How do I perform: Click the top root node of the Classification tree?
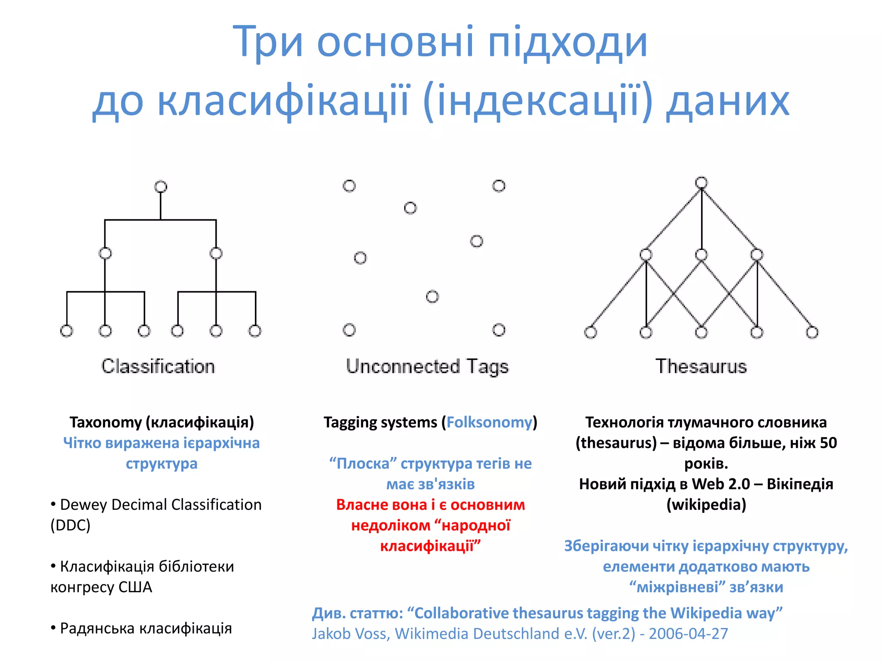(161, 187)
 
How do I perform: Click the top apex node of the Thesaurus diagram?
(702, 183)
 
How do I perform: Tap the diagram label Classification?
(158, 366)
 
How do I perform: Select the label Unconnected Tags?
(427, 367)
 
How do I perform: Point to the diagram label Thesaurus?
(701, 366)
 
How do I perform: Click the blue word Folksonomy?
(489, 422)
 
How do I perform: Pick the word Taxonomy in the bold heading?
(106, 422)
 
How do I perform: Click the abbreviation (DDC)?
(71, 525)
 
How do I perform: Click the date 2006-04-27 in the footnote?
(688, 634)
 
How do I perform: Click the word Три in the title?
(268, 42)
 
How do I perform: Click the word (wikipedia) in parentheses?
(706, 505)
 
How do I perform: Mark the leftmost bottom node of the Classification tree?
(66, 331)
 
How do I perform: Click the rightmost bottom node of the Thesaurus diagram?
(812, 332)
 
